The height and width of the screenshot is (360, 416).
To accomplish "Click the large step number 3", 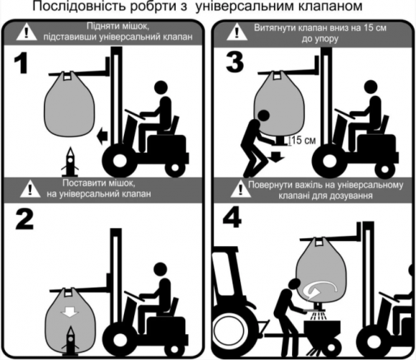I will tap(232, 67).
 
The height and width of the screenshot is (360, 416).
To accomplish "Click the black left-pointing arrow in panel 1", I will tap(103, 132).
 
